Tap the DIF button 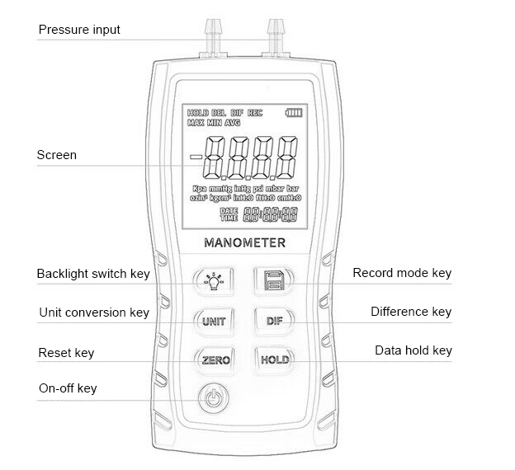pyautogui.click(x=274, y=322)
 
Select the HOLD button pyautogui.click(x=274, y=360)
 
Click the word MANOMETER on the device pyautogui.click(x=243, y=242)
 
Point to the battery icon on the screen pyautogui.click(x=295, y=112)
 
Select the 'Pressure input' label pyautogui.click(x=79, y=30)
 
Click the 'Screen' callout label pyautogui.click(x=57, y=155)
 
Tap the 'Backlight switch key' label pyautogui.click(x=93, y=274)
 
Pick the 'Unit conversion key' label pyautogui.click(x=94, y=313)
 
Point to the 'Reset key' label pyautogui.click(x=66, y=353)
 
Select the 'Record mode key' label pyautogui.click(x=402, y=273)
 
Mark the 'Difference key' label pyautogui.click(x=411, y=312)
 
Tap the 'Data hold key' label pyautogui.click(x=413, y=350)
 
